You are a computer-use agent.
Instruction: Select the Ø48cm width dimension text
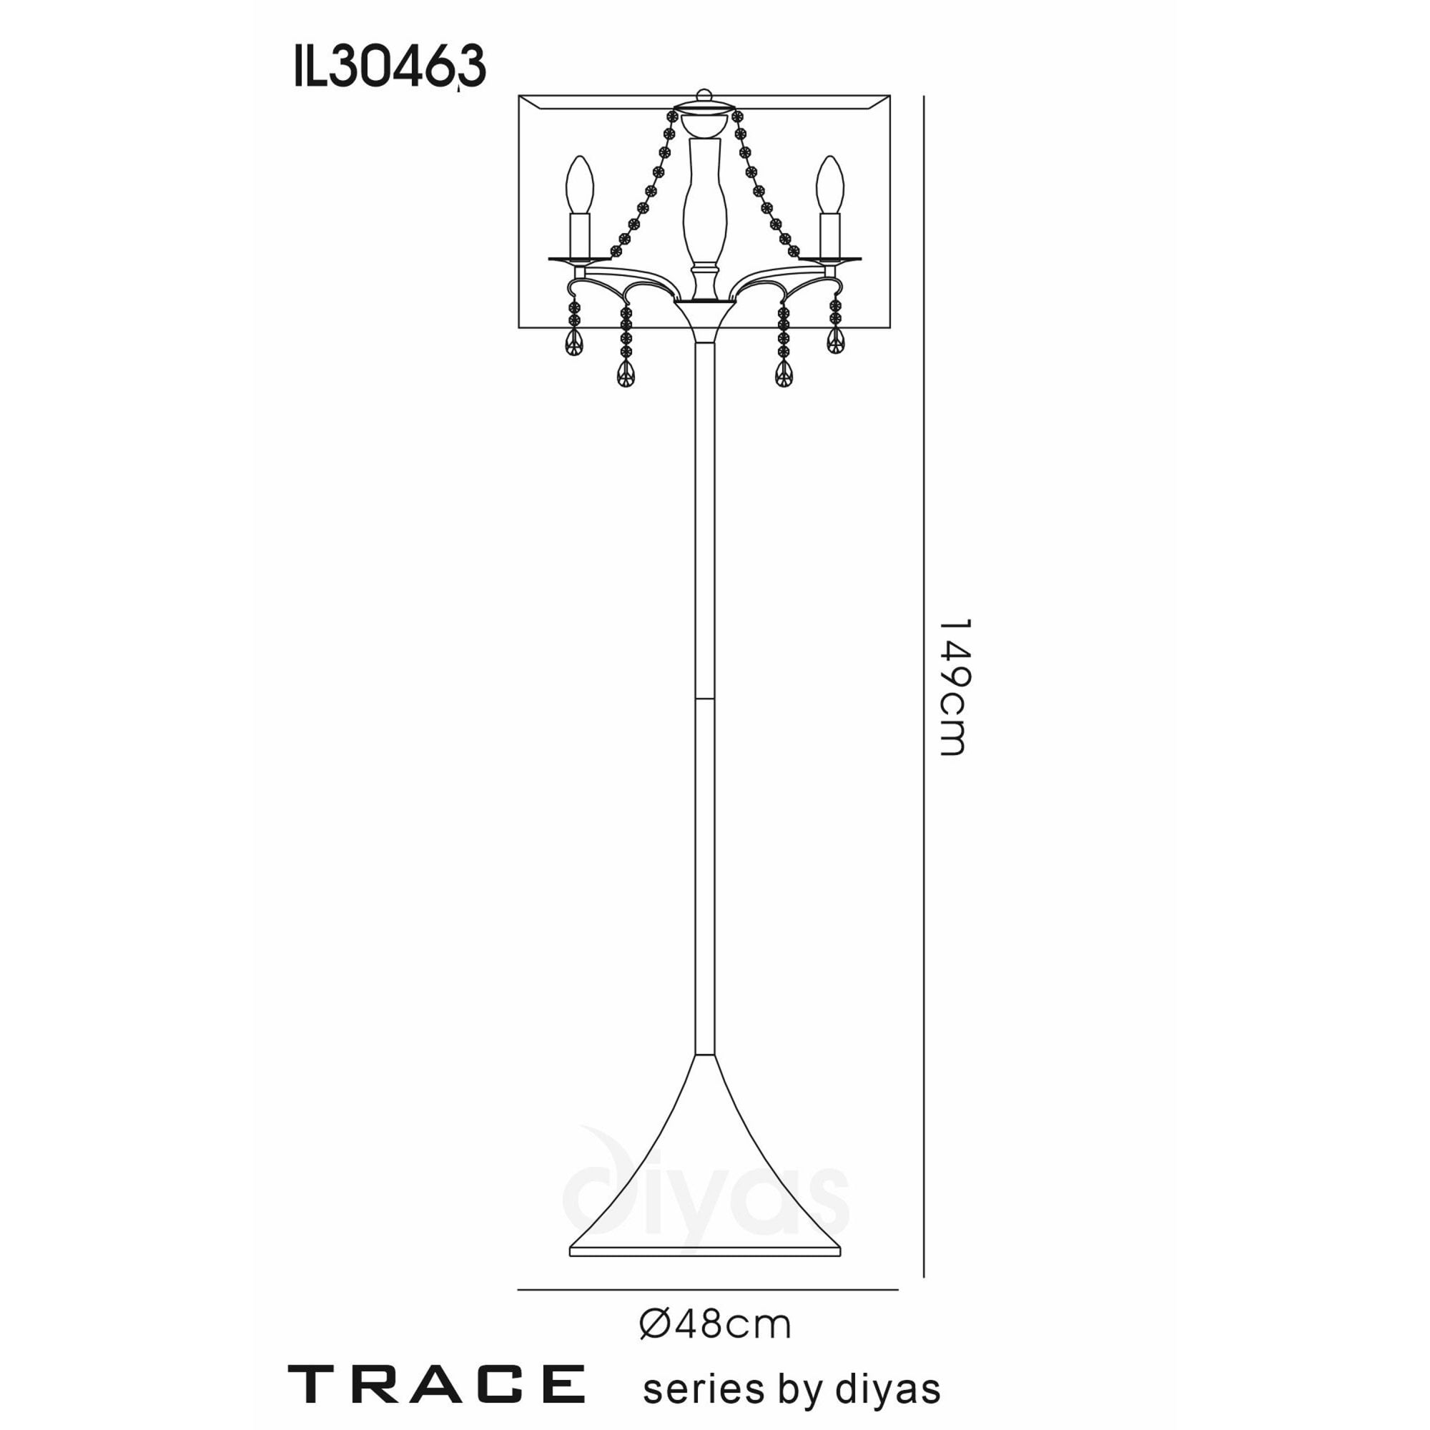715,1325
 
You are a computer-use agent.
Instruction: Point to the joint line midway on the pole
705,697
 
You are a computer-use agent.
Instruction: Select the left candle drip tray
581,259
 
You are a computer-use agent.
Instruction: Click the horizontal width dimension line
707,1290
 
